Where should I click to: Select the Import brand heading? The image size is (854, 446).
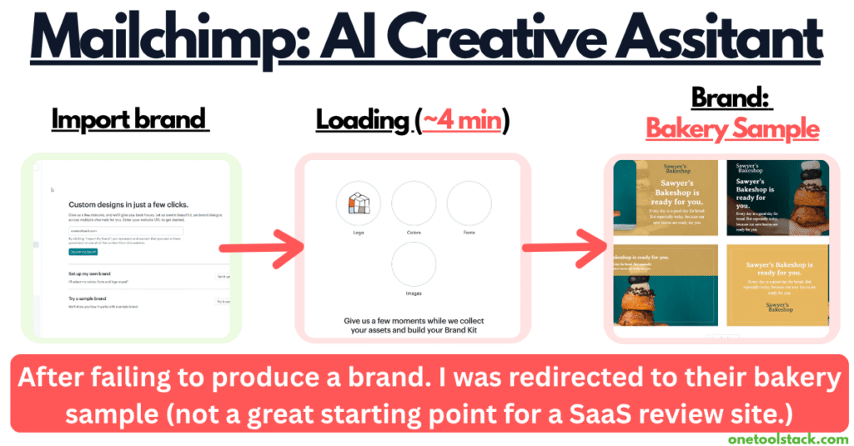coord(128,119)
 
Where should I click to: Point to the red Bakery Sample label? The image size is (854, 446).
coord(732,129)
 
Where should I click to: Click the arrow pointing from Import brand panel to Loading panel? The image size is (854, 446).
coord(254,248)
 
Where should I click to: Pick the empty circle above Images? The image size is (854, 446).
coord(414,264)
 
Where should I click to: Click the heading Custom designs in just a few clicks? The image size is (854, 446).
coord(128,204)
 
